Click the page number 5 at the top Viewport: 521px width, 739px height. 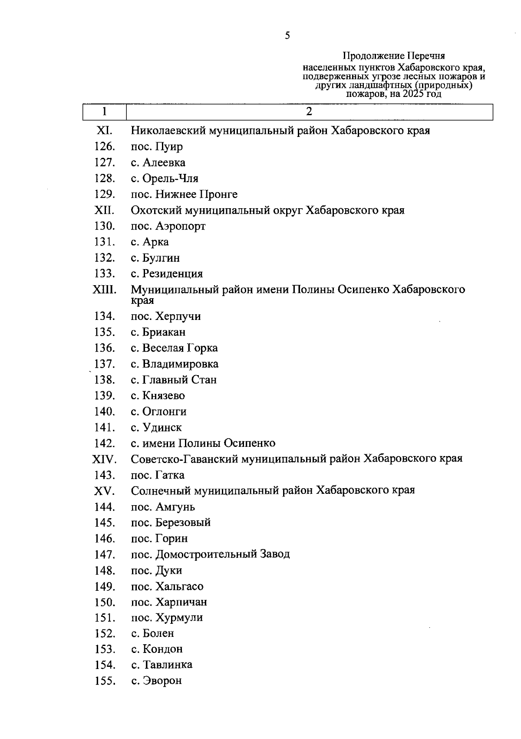pos(287,36)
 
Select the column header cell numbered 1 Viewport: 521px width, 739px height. pos(105,112)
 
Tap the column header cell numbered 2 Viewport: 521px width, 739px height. pos(309,112)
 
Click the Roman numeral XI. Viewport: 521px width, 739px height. pos(104,130)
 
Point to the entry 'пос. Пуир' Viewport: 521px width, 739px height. pos(157,146)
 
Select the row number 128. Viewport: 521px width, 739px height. pos(105,178)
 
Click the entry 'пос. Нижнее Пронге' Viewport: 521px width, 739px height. pos(184,194)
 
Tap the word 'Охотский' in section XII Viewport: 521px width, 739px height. pos(156,210)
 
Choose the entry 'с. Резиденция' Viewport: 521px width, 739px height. pos(167,274)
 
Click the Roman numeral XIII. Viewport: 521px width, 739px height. pos(104,290)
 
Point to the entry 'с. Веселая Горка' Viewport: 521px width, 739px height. pos(174,348)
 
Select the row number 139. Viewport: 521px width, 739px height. pos(105,396)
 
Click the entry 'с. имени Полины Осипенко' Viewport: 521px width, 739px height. pos(203,443)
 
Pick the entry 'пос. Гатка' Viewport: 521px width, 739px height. pos(158,475)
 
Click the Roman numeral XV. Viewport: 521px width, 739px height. pos(104,491)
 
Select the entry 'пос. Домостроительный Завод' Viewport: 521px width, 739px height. pos(210,554)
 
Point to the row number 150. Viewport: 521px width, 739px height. pos(105,603)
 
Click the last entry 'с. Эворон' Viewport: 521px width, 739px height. pos(156,681)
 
